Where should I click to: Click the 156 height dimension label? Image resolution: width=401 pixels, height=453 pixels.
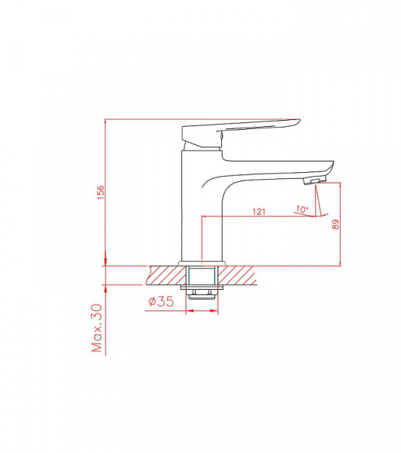(100, 193)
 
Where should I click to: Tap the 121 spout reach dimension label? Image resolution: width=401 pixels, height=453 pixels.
(259, 211)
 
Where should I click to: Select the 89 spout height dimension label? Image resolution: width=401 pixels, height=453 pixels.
(335, 224)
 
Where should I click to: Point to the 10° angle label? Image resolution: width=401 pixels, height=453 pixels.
(303, 209)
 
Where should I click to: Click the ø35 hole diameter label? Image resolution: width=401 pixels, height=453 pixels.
(162, 301)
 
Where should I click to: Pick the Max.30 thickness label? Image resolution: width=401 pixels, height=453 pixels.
(97, 328)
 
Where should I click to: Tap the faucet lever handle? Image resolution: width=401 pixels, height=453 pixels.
(240, 134)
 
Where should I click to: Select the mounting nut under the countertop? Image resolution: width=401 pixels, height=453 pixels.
(202, 295)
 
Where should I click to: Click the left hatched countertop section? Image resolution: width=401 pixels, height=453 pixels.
(166, 275)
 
